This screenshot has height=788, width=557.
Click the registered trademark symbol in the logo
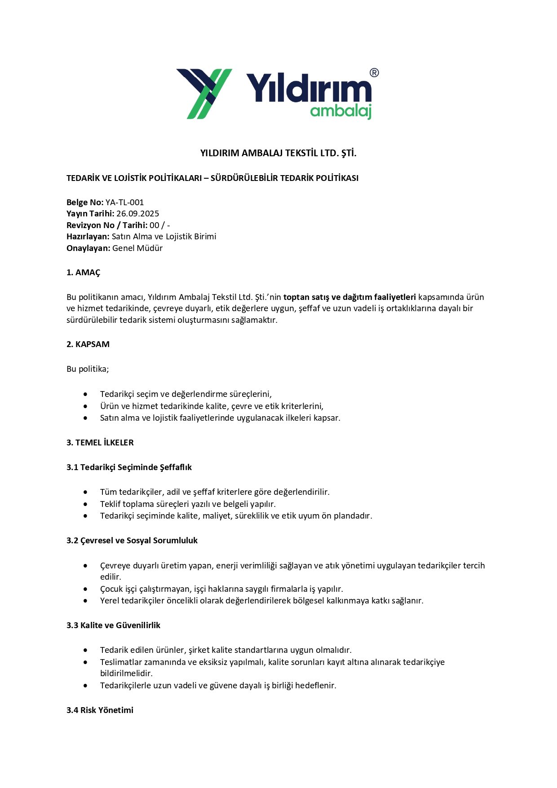(374, 73)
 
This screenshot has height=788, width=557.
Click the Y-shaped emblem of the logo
(204, 93)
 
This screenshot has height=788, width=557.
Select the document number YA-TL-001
(124, 203)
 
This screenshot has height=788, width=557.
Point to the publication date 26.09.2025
(137, 214)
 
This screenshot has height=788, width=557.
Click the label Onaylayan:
(88, 248)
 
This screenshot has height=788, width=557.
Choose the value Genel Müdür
(137, 248)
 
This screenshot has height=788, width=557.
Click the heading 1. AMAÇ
(84, 273)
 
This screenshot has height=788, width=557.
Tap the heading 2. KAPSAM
(88, 344)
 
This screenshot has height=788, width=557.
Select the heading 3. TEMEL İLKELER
(100, 443)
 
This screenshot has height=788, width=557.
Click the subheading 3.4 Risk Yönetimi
(100, 710)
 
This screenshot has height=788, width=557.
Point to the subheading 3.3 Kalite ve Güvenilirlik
(113, 625)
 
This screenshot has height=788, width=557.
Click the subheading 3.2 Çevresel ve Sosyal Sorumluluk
(132, 541)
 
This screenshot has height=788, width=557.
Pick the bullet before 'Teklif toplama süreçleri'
(85, 504)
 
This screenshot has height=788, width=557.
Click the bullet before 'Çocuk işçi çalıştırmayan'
(85, 589)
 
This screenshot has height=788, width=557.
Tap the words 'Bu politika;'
(88, 369)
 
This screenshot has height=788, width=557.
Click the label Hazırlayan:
(88, 237)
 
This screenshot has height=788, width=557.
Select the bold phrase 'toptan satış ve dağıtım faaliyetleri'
(349, 297)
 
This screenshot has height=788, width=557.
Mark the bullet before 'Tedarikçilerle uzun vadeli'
(85, 686)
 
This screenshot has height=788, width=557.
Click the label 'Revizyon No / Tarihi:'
(107, 225)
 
